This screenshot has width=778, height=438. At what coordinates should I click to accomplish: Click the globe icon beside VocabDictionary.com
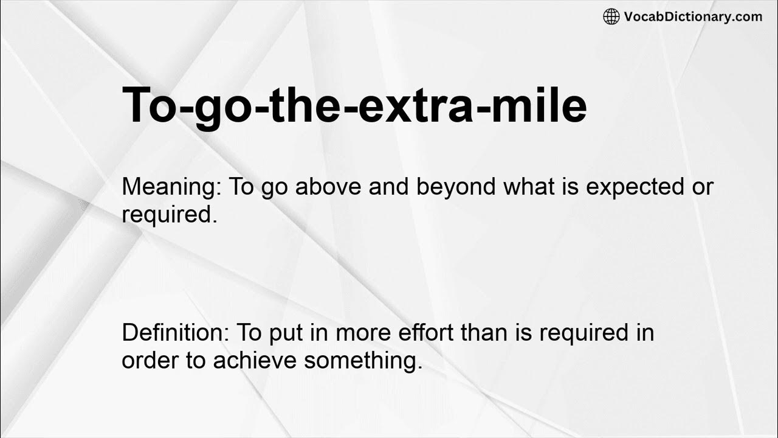[x=611, y=16]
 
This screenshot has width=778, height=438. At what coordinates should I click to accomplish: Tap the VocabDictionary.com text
[x=693, y=16]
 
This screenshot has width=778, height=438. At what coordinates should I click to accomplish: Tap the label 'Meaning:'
[x=171, y=187]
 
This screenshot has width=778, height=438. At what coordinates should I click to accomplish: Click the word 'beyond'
[x=456, y=187]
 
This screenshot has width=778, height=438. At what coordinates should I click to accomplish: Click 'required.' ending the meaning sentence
[x=169, y=214]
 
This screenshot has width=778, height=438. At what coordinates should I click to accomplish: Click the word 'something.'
[x=363, y=360]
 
